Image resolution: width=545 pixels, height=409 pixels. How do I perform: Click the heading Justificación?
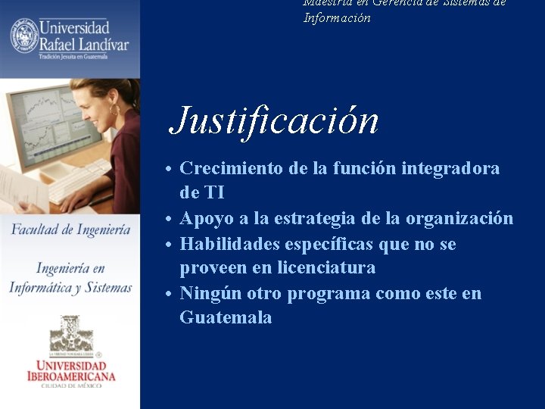[274, 120]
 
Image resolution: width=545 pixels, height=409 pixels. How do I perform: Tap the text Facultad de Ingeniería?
[70, 229]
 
